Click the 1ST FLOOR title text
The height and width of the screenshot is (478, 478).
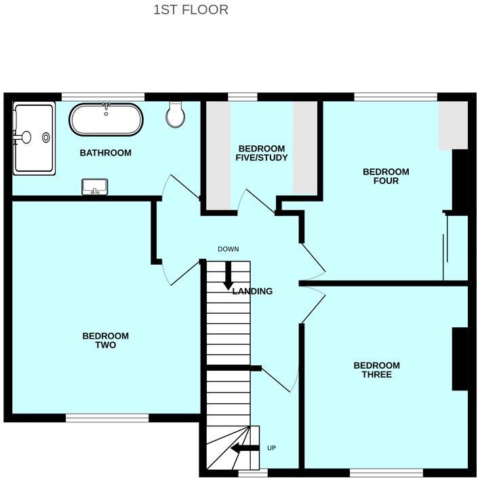pos(191,10)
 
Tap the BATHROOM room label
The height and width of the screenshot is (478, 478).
pos(105,153)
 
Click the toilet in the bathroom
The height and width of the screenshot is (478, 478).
pos(176,115)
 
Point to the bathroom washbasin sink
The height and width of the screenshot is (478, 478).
pos(95,187)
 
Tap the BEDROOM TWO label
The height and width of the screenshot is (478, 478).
pos(105,340)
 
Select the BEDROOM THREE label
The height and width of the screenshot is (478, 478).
pos(376,369)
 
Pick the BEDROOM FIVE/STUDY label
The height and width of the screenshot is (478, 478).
pos(262,153)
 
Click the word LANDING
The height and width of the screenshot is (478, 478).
pos(252,291)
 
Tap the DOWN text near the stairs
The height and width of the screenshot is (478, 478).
pos(228,249)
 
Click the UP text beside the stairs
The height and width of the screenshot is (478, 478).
pos(272,448)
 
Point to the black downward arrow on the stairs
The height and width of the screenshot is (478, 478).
pos(228,276)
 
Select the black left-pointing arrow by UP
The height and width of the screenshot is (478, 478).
pos(245,448)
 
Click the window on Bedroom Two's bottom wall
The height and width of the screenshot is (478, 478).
pos(106,418)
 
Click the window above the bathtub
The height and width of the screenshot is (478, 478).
pos(103,96)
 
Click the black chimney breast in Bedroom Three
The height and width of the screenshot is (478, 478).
pos(460,359)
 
